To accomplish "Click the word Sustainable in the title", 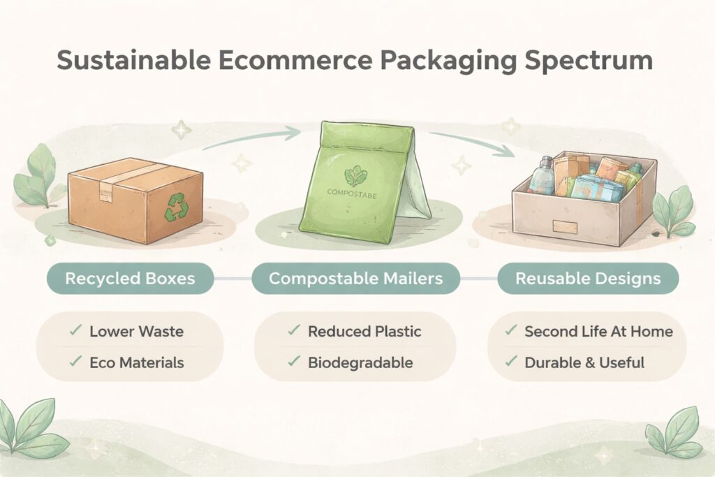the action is click(133, 60).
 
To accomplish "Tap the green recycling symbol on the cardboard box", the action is click(175, 207).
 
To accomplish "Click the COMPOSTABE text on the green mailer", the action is click(352, 194).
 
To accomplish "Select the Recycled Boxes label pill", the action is click(131, 278).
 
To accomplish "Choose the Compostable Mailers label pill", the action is click(355, 278).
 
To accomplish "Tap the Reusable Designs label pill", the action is click(588, 278).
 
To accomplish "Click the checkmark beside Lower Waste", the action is click(75, 330).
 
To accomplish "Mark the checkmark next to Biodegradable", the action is click(294, 362).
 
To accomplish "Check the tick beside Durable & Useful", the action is click(511, 362).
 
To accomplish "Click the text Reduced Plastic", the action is click(364, 332).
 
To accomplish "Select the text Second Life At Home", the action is click(598, 332).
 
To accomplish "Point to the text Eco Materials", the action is click(137, 363).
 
